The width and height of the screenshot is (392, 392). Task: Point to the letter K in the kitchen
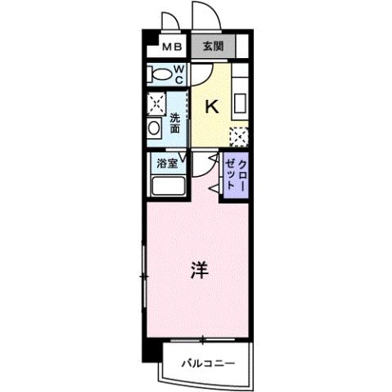click(x=211, y=106)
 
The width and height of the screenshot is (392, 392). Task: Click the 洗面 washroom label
click(x=175, y=123)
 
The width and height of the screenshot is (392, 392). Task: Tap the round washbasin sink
click(x=154, y=130)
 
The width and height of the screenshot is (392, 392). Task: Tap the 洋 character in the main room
click(x=199, y=271)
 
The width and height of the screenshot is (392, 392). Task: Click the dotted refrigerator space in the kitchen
click(x=238, y=134)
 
